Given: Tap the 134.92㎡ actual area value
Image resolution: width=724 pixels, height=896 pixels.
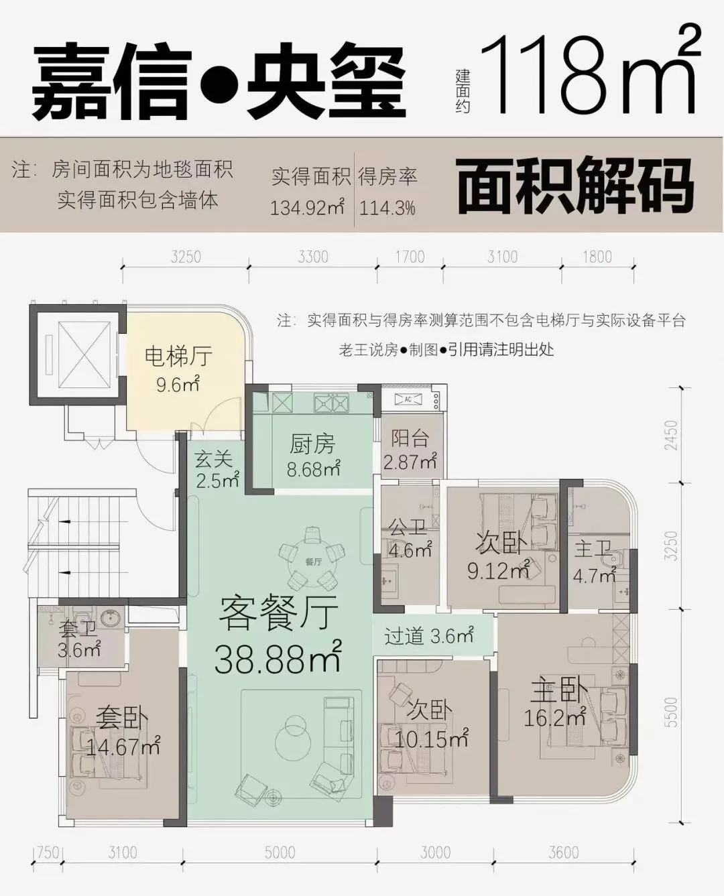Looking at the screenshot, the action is point(307,207).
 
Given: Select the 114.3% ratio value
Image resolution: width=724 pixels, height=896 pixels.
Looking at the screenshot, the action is point(387,208).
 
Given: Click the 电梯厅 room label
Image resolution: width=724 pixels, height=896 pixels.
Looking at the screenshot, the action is point(178,357).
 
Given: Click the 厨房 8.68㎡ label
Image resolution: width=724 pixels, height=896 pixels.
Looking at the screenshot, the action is point(313,456).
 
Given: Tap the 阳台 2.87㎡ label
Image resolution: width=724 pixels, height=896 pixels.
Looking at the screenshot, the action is point(410,451).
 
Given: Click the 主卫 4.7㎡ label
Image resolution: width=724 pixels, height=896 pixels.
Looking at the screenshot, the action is point(594,562).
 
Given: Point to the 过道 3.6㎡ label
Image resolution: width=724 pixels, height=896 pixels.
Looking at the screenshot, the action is point(429,635).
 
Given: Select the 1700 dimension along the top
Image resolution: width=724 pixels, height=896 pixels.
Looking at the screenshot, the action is point(410,257).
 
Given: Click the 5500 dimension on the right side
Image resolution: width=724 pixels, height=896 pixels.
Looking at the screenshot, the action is point(672,712).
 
